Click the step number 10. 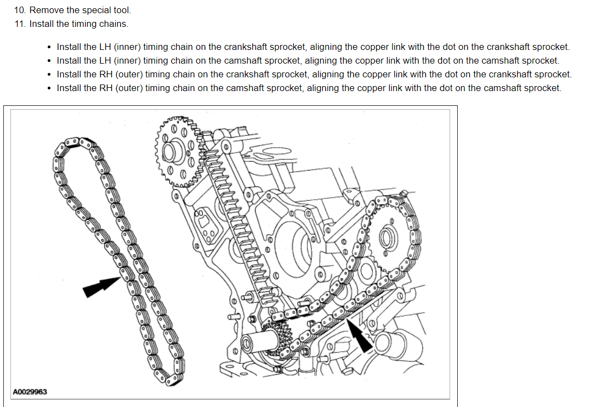(x=20, y=10)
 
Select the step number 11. (x=20, y=24)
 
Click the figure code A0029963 (x=30, y=392)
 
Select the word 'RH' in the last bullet (x=106, y=88)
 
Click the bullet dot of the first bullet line (x=50, y=47)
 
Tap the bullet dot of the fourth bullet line (x=50, y=88)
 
